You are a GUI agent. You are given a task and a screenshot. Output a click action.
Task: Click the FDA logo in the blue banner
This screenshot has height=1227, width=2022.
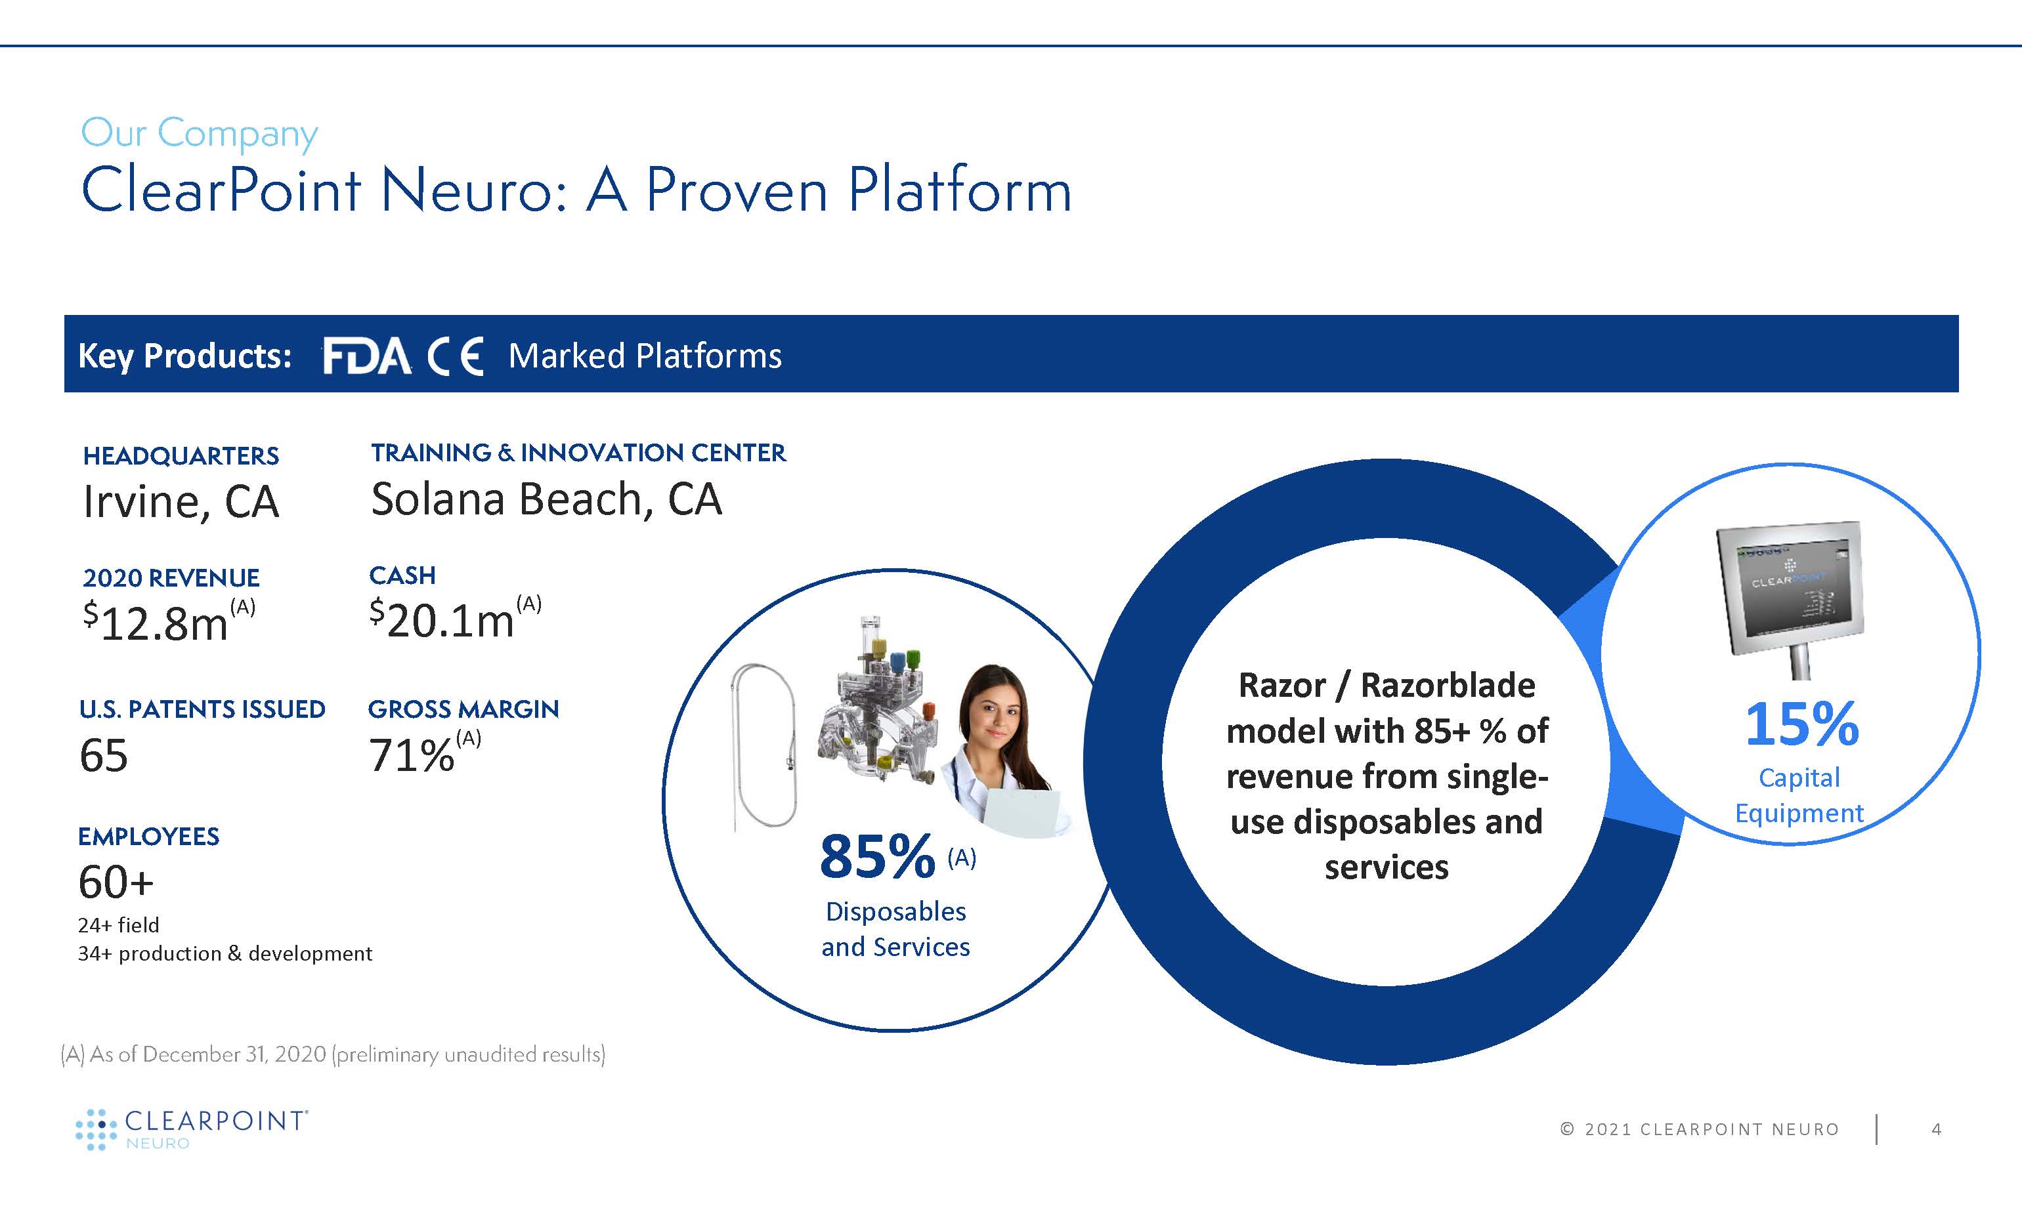(367, 356)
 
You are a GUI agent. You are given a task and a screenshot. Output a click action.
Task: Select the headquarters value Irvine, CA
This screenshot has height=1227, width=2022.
(181, 502)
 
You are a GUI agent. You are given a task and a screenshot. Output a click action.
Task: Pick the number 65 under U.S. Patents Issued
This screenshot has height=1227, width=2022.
(104, 755)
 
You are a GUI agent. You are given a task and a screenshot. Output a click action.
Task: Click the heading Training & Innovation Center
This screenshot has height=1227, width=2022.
(578, 453)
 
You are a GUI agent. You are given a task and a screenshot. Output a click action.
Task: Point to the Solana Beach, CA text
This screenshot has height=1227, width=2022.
(546, 499)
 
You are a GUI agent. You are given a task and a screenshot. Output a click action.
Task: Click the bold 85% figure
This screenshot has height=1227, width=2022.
(877, 856)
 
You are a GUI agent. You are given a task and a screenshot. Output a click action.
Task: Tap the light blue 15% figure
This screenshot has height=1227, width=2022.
(1802, 724)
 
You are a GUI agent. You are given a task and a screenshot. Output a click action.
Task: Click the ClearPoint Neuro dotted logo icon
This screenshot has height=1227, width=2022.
(96, 1129)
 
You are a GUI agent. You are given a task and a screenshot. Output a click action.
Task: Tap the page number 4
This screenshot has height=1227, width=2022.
(1937, 1129)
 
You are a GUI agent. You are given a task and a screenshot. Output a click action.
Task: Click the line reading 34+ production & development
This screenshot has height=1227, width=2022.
(225, 953)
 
